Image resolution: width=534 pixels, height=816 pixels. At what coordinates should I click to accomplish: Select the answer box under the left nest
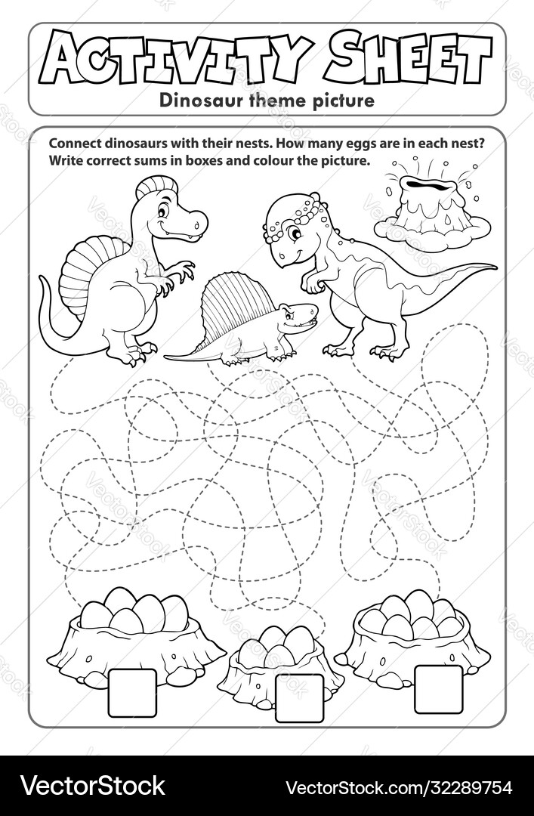point(132,692)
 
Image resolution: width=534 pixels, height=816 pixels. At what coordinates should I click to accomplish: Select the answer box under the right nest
point(438,688)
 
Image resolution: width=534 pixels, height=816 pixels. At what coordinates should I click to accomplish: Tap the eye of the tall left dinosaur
point(162,212)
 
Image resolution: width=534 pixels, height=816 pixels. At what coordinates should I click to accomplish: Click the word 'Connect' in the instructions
point(73,144)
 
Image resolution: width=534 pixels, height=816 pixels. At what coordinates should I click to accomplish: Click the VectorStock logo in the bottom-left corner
point(92,785)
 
